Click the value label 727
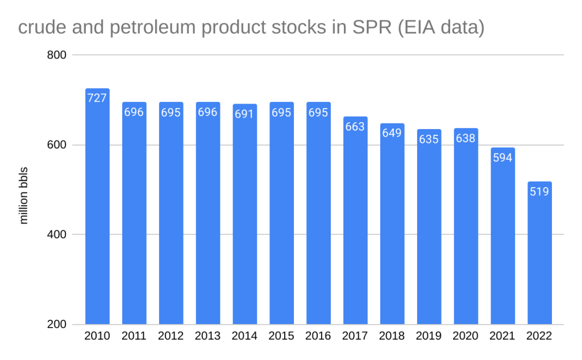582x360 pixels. tap(97, 98)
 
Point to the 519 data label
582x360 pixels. tap(539, 191)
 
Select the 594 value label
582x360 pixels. tap(502, 158)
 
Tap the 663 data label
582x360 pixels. tap(355, 126)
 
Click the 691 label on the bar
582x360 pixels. tap(244, 114)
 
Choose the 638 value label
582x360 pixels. tap(465, 138)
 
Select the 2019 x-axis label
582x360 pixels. tap(429, 336)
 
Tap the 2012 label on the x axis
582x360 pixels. tap(171, 336)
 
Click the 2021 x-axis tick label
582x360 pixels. tap(502, 336)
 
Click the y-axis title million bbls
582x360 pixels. tap(24, 195)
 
